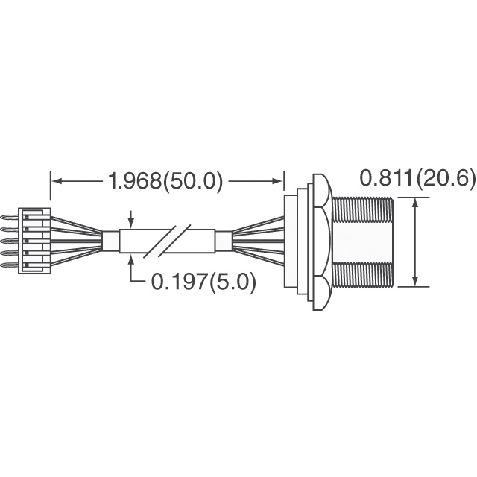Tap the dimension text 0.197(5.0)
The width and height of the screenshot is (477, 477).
pyautogui.click(x=203, y=282)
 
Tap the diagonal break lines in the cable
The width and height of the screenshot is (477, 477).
pyautogui.click(x=168, y=241)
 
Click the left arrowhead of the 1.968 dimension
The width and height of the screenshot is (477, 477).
pyautogui.click(x=57, y=181)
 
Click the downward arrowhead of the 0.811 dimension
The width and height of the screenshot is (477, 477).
pyautogui.click(x=414, y=281)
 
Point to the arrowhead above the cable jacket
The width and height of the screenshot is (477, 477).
pyautogui.click(x=132, y=223)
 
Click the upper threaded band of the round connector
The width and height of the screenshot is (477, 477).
pyautogui.click(x=361, y=209)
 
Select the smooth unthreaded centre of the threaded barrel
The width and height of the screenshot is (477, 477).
pyautogui.click(x=361, y=241)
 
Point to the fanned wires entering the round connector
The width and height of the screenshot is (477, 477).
pyautogui.click(x=257, y=240)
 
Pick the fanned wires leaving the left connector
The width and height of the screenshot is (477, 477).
pyautogui.click(x=78, y=240)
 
